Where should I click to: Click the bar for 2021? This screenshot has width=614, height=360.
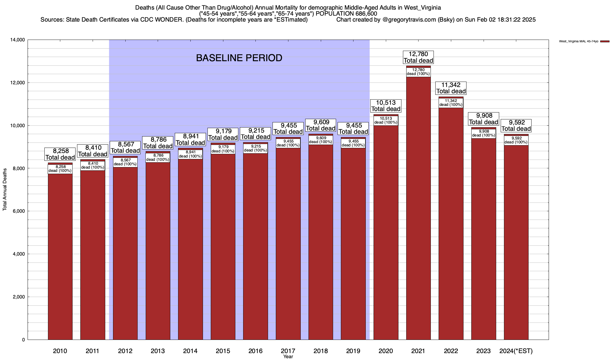click(x=418, y=210)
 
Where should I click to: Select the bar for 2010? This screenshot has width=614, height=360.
click(x=60, y=255)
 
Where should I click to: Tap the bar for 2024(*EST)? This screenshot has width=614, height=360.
click(x=516, y=240)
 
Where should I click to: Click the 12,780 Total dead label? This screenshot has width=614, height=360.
click(x=418, y=57)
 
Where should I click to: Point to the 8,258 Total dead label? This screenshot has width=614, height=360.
click(x=60, y=154)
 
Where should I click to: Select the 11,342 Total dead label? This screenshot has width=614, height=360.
click(x=451, y=88)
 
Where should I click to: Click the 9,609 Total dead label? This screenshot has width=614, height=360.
click(x=321, y=125)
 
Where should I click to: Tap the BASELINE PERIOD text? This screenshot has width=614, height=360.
click(x=239, y=58)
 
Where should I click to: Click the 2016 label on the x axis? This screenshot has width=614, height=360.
click(x=255, y=351)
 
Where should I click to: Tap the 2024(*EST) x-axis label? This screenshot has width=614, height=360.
click(x=516, y=351)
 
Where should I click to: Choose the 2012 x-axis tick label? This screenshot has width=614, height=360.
click(x=125, y=351)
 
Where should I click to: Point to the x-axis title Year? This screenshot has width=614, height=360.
click(x=288, y=357)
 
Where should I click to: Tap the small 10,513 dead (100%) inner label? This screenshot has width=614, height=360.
click(x=386, y=120)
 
